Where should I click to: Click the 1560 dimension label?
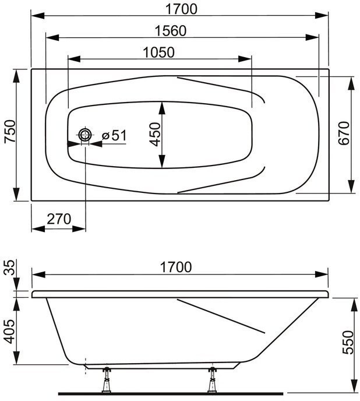pyautogui.click(x=171, y=31)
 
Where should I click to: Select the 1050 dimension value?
pyautogui.click(x=158, y=52)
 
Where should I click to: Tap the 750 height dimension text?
pyautogui.click(x=10, y=131)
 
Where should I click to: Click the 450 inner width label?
pyautogui.click(x=155, y=135)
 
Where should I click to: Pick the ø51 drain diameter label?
pyautogui.click(x=114, y=135)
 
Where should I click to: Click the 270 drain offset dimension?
pyautogui.click(x=59, y=219)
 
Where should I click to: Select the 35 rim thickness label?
pyautogui.click(x=10, y=268)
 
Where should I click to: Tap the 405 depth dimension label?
pyautogui.click(x=10, y=332)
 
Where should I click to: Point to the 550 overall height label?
pyautogui.click(x=348, y=343)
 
